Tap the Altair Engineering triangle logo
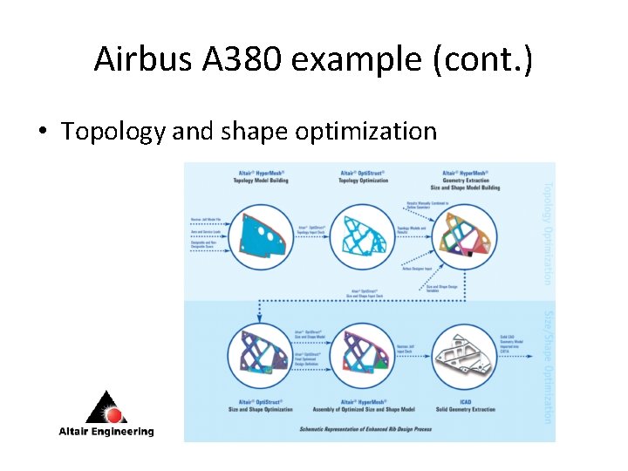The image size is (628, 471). point(106,406)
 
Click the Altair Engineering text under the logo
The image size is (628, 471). point(106,431)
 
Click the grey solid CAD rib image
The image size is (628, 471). point(464,358)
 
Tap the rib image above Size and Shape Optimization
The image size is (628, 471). point(260,358)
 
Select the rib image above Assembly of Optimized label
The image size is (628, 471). point(364,358)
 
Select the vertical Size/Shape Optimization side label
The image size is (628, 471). point(548,366)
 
